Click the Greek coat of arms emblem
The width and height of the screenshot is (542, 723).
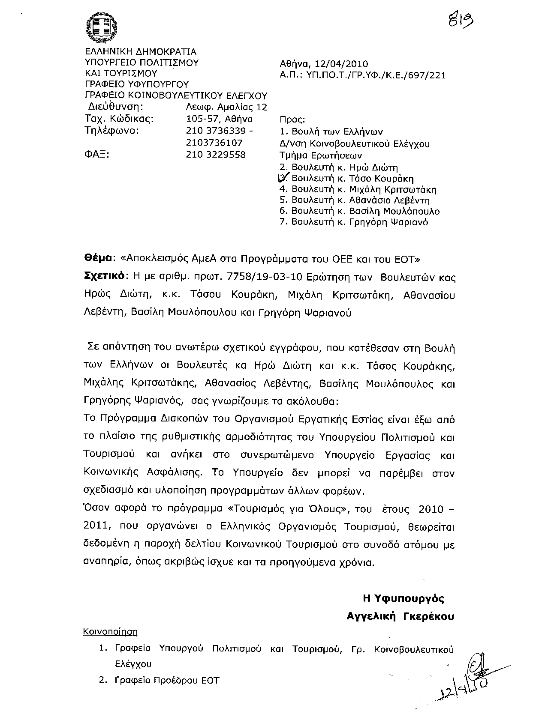coord(101,28)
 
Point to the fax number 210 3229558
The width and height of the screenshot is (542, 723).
coord(216,155)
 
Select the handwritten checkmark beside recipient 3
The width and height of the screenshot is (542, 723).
coord(284,177)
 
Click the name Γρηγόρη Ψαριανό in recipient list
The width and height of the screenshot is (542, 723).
coord(389,222)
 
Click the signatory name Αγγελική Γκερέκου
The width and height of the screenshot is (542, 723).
coord(400,616)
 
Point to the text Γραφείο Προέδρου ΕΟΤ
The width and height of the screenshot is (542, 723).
coord(167,680)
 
